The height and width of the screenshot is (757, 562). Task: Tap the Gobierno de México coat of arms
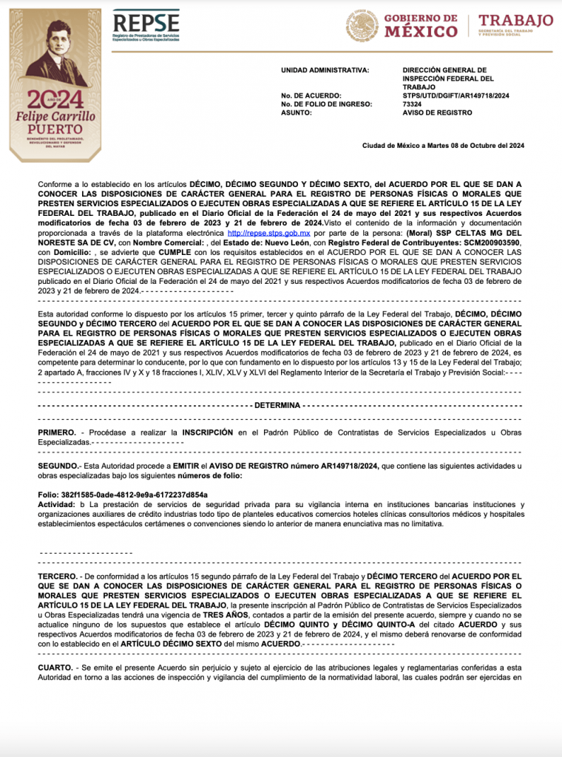click(362, 26)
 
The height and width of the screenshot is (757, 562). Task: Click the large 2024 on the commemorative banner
click(56, 100)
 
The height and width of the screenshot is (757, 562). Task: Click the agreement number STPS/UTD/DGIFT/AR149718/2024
click(456, 96)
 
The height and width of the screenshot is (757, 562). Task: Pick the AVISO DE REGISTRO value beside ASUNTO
click(437, 112)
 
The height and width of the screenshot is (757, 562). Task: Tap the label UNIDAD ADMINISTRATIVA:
click(325, 70)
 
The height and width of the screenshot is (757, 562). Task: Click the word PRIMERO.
click(56, 431)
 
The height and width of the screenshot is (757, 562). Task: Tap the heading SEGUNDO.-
click(58, 466)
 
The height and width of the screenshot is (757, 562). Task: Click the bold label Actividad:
click(57, 504)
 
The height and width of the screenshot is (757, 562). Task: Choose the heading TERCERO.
click(57, 575)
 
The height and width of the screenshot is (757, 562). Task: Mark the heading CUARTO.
click(55, 667)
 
